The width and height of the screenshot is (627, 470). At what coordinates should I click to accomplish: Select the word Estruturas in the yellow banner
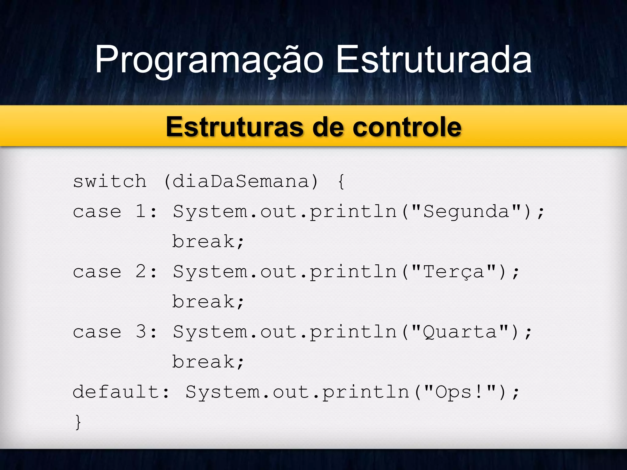[235, 127]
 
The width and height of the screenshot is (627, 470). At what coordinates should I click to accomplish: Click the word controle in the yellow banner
[407, 127]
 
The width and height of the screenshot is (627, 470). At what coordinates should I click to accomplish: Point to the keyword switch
[110, 181]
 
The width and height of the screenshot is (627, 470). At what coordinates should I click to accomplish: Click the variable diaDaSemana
[241, 181]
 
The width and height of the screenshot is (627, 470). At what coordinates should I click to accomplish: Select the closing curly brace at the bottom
[78, 422]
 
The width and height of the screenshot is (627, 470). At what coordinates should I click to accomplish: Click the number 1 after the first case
[141, 211]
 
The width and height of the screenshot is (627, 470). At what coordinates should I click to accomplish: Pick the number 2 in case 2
[141, 271]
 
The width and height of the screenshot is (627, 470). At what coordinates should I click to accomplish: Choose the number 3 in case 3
[141, 332]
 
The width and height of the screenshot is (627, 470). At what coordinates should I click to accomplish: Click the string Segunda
[466, 211]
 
